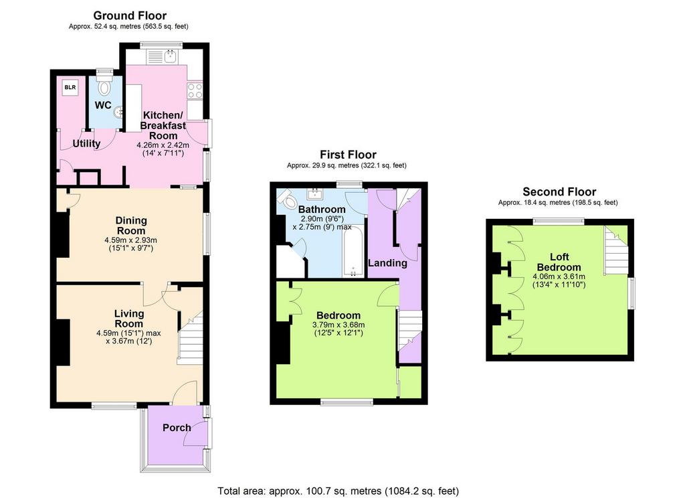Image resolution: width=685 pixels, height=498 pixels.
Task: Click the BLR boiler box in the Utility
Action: point(70,88)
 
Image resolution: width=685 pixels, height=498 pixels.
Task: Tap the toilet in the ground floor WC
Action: point(104,86)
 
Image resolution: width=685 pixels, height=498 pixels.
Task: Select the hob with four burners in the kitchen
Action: point(195,91)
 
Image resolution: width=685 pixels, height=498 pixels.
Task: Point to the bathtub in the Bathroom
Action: point(353,250)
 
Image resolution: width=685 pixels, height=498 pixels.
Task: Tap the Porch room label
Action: point(177,428)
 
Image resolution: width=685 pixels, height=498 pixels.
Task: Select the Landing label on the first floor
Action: point(387,263)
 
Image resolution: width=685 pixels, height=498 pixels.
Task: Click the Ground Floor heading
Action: point(130,16)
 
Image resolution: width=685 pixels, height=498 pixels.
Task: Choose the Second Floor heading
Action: point(559,192)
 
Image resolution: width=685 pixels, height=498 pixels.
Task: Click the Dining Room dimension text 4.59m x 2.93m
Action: point(130,240)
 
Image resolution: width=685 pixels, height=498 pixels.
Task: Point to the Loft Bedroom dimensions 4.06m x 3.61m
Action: point(559,276)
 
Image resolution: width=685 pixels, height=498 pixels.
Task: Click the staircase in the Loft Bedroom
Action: point(616,250)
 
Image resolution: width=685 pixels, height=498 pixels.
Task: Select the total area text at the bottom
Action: point(338,491)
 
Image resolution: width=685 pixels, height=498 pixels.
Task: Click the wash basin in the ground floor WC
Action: point(118,113)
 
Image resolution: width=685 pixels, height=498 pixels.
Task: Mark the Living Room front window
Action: point(114,406)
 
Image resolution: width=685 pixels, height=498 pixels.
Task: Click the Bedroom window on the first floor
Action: point(347,402)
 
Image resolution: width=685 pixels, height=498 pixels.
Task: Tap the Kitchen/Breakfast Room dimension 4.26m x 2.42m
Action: point(163,145)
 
